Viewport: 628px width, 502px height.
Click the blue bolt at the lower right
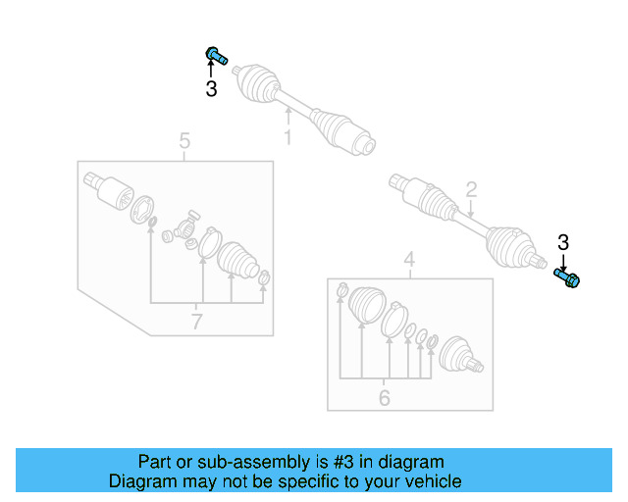[x=568, y=278]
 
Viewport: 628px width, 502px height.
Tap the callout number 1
[x=288, y=138]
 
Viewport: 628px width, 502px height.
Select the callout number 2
[x=471, y=189]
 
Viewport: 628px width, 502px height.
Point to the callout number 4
[x=409, y=260]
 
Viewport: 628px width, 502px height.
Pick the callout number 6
[x=384, y=398]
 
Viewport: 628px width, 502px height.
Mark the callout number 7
[x=197, y=321]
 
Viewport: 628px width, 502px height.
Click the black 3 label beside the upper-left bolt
[x=211, y=89]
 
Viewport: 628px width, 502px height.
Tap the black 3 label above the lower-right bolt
[x=563, y=243]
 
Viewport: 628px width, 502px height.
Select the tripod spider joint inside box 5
[x=184, y=228]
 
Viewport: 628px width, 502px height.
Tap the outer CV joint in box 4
[x=458, y=357]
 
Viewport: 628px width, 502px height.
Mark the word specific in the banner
[x=302, y=481]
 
